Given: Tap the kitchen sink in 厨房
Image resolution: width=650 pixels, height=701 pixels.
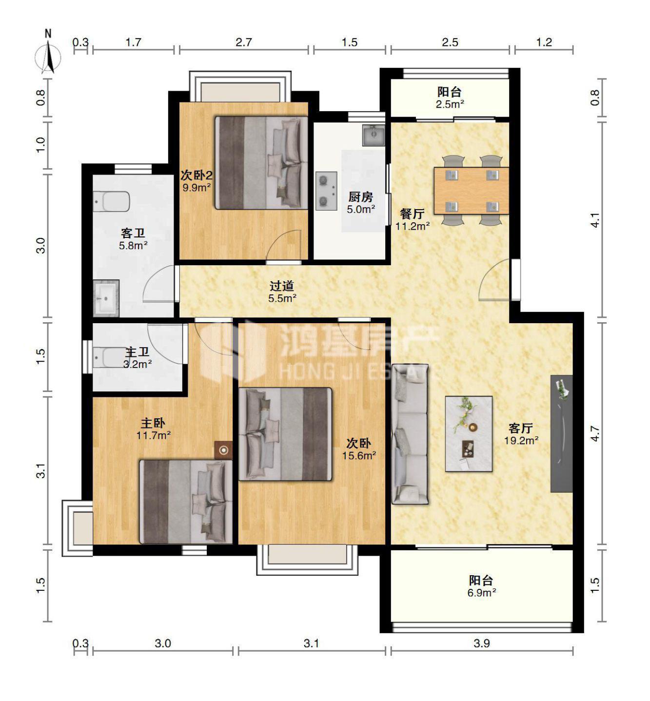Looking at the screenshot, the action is click(x=373, y=135).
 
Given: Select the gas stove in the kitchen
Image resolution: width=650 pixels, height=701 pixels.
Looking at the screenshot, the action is click(x=326, y=191).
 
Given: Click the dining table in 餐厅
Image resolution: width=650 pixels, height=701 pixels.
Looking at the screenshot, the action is click(x=471, y=191).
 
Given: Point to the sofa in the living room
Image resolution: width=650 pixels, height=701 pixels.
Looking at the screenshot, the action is click(x=410, y=434).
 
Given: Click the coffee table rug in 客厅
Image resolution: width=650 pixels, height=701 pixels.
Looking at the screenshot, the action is click(x=469, y=433).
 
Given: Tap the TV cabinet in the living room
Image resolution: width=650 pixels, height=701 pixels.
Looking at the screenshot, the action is click(x=561, y=433).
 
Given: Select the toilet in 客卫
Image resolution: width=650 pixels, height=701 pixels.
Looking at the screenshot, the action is click(x=111, y=201).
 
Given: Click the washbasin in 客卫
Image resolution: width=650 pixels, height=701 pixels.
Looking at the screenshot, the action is click(x=106, y=298).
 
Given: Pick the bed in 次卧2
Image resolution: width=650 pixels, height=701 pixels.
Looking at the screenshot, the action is click(x=262, y=163).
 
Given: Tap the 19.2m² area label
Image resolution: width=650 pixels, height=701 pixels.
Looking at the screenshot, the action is click(x=521, y=441).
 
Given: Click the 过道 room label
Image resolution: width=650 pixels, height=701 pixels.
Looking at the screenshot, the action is click(x=282, y=285).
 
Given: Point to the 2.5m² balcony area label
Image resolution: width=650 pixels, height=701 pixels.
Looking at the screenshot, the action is click(x=450, y=104).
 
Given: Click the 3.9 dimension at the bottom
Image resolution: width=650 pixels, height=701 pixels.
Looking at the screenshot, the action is click(x=481, y=643).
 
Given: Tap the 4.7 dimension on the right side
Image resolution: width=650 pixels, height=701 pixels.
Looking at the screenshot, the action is click(x=595, y=433).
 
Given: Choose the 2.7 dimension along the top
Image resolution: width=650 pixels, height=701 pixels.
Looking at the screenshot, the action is click(x=244, y=42).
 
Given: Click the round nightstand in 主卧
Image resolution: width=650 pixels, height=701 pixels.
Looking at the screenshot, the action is click(x=223, y=450).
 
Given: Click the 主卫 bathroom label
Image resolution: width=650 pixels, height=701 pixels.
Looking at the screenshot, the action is click(x=138, y=351).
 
